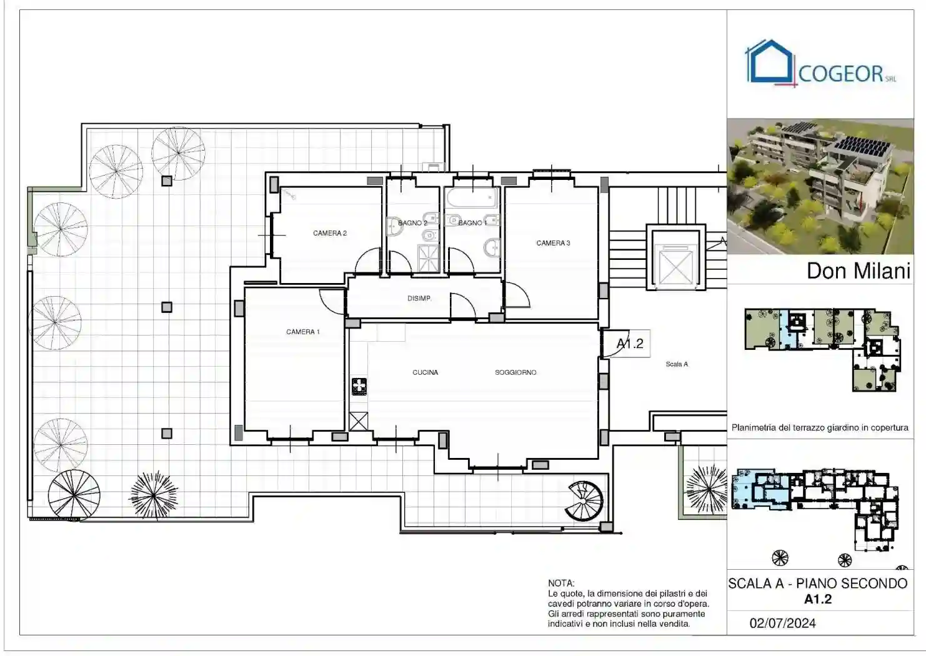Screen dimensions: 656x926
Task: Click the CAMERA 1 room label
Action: coord(302,332)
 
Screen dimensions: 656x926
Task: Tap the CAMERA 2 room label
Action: coord(329,233)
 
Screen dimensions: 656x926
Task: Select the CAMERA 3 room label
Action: coord(553,243)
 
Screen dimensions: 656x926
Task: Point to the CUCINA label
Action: coord(425,372)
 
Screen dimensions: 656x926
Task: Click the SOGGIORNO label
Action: coord(515,372)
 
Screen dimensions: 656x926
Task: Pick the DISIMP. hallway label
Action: coord(419,299)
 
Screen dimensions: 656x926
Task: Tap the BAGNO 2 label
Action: coord(412,223)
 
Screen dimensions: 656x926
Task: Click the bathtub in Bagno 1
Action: coord(472,198)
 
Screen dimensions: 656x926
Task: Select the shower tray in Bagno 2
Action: coord(428,257)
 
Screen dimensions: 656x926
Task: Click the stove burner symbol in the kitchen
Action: coord(359,387)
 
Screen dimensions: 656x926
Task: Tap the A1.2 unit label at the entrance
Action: coord(630,344)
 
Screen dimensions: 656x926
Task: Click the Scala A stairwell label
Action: coord(676,364)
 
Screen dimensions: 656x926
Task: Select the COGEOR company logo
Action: coord(821,64)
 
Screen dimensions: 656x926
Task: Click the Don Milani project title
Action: coord(858,271)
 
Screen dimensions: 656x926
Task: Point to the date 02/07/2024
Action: coord(782,623)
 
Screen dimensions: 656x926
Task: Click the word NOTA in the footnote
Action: coord(560,583)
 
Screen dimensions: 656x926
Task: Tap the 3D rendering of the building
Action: coord(820,186)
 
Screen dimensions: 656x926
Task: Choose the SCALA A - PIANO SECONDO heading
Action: coord(817,584)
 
